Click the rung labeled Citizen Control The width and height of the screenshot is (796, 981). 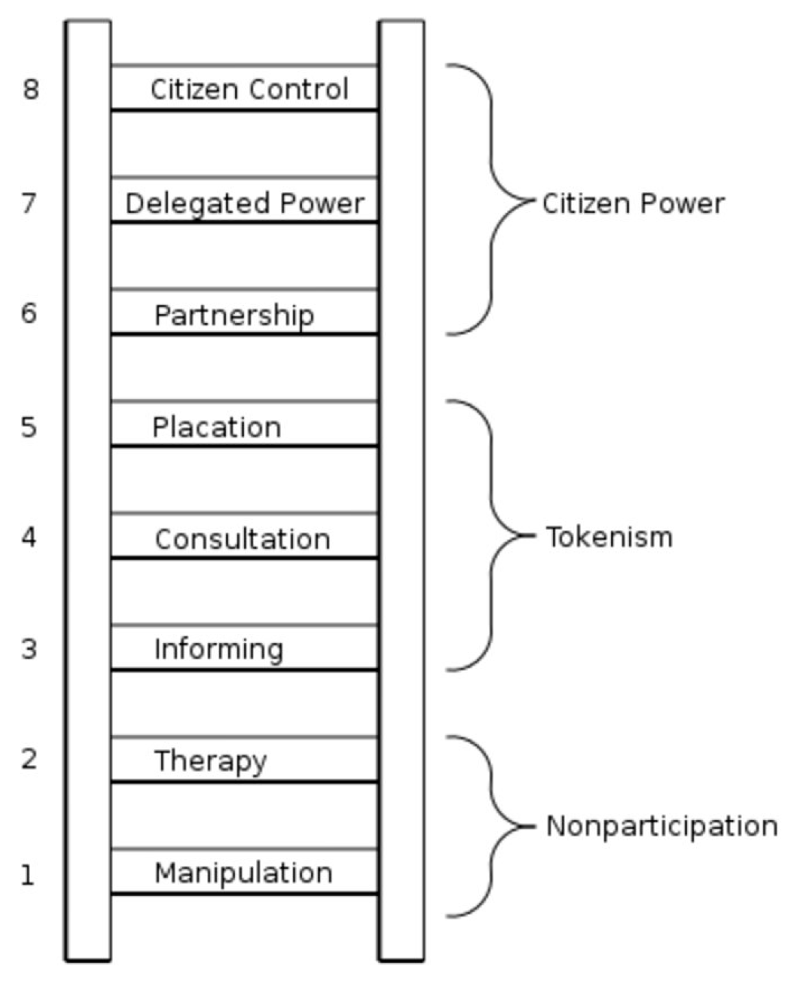coord(249,89)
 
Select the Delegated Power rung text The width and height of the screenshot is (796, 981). coord(245,204)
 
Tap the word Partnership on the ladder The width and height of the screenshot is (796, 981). coord(234,315)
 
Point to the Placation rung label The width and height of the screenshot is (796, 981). coord(216,427)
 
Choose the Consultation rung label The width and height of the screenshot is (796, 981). coord(242,539)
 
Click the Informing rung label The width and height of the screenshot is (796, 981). coord(219,649)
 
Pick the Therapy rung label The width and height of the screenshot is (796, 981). coord(210,761)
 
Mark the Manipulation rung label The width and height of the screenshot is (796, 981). coord(243,873)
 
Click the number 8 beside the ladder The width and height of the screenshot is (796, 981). coord(30,89)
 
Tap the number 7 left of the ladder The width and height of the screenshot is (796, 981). coord(29,204)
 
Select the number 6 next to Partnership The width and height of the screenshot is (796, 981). coord(29,313)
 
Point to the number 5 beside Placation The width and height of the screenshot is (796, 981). coord(29,427)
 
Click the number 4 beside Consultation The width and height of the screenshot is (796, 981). coord(29,537)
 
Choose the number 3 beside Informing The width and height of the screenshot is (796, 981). coord(29,649)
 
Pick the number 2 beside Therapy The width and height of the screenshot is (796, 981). coord(29,759)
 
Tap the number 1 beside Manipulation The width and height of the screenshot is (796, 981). coord(27,875)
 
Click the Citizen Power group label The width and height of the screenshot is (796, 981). coord(633,204)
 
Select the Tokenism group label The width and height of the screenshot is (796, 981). coord(609,537)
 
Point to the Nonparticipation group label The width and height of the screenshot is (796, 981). coord(662,826)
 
